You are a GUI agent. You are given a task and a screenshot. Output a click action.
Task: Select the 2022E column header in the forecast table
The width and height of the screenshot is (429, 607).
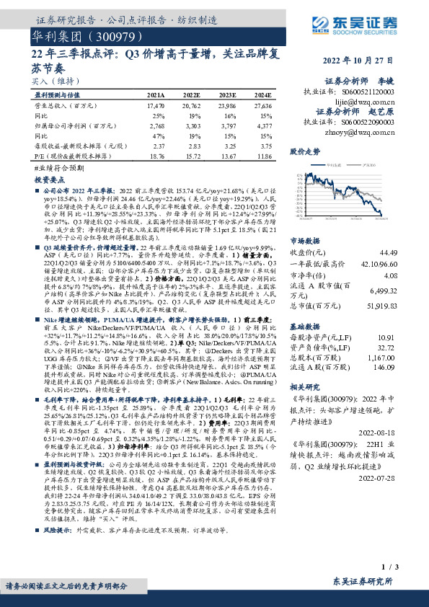pos(193,94)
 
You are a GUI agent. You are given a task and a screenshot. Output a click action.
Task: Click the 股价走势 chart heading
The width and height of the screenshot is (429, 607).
pos(305,153)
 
